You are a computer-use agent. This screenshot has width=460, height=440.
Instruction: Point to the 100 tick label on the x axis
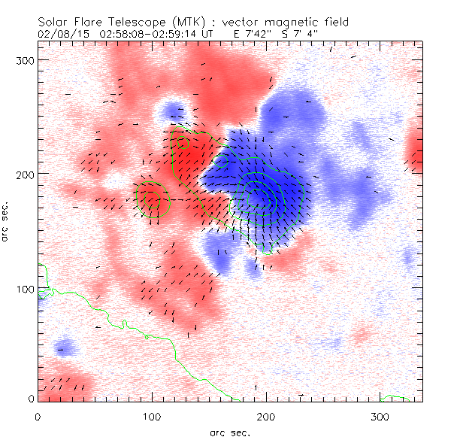(x=152, y=416)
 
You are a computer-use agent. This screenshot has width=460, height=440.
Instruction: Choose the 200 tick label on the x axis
(x=266, y=416)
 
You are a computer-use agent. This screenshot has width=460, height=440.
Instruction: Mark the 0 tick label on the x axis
(x=38, y=416)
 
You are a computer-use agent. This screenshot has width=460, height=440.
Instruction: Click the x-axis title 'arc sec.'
(x=229, y=432)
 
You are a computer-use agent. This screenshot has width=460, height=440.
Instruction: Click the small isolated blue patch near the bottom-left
(x=65, y=347)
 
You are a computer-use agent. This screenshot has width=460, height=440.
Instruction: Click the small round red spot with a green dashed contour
(x=153, y=199)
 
